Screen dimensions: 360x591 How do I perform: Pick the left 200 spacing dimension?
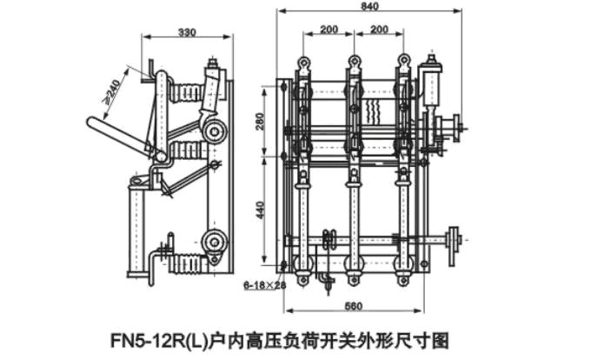[x=329, y=30]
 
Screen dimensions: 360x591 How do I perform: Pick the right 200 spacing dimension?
[x=379, y=30]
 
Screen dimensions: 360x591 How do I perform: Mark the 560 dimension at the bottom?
[x=351, y=306]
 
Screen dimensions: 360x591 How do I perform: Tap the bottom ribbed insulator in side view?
[x=188, y=262]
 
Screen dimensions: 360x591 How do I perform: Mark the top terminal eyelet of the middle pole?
[x=355, y=62]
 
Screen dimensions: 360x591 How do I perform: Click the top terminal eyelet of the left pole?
[x=304, y=62]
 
